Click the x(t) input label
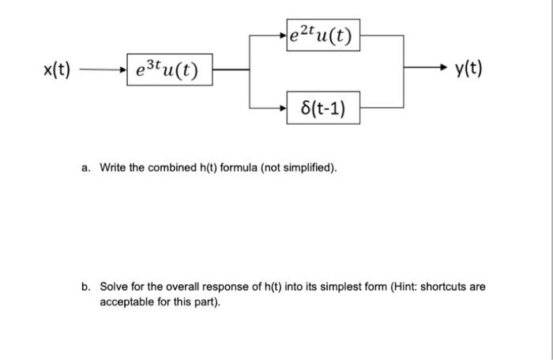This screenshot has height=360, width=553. [x=57, y=69]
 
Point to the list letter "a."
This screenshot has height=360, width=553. [x=85, y=168]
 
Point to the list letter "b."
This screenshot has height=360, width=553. [x=85, y=287]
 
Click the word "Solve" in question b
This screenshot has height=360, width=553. [x=113, y=287]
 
